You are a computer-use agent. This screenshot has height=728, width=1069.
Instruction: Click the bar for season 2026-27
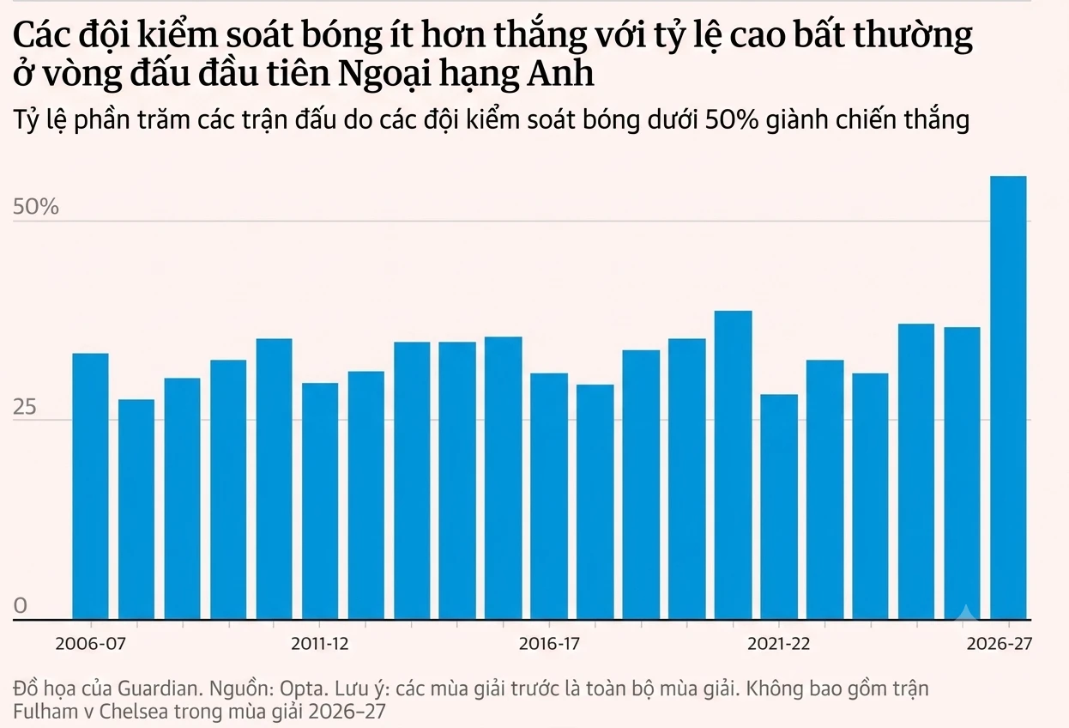[x=1008, y=398]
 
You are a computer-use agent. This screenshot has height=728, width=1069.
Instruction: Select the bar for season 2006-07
[x=90, y=487]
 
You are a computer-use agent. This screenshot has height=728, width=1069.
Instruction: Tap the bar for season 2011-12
[x=320, y=501]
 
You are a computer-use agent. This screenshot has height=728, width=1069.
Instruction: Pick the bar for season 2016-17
[x=549, y=497]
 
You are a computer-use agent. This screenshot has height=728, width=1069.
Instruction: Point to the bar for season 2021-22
[x=779, y=507]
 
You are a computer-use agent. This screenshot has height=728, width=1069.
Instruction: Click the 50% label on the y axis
[x=36, y=207]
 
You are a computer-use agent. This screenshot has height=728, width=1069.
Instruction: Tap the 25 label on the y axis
[x=25, y=407]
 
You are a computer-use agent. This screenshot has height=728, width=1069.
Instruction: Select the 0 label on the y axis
[x=21, y=606]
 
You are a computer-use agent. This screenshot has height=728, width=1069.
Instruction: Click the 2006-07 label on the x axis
[x=90, y=644]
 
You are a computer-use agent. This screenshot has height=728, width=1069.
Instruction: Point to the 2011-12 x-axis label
[x=320, y=644]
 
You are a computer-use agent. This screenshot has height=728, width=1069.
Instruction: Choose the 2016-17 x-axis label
[x=549, y=644]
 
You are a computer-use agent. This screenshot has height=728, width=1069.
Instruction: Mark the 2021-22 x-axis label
[x=779, y=644]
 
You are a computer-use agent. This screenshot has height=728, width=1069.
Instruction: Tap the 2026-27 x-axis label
[x=1000, y=644]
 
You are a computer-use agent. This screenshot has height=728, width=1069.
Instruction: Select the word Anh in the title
[x=561, y=73]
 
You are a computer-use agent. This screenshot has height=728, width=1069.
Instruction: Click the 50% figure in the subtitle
[x=732, y=119]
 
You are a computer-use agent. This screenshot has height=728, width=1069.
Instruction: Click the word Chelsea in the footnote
[x=134, y=712]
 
